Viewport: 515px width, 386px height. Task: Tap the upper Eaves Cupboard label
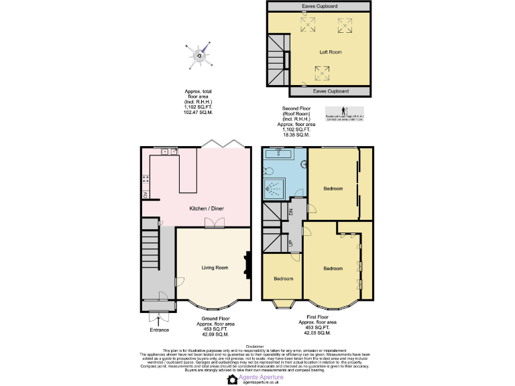click(x=319, y=6)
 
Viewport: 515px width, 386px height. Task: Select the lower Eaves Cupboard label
click(x=330, y=90)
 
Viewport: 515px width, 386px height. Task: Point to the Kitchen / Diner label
click(x=207, y=208)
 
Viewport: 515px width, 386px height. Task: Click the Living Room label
click(x=215, y=267)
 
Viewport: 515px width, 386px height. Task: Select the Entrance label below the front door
click(x=160, y=330)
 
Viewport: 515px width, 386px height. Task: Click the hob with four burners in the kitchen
click(x=145, y=180)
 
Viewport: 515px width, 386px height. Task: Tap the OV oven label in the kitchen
click(x=144, y=195)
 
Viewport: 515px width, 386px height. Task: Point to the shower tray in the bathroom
click(x=274, y=190)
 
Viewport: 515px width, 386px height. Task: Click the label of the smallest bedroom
click(x=282, y=279)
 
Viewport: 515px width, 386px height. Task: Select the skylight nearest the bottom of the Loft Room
click(x=323, y=72)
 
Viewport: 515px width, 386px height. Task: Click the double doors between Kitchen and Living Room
click(x=214, y=224)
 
